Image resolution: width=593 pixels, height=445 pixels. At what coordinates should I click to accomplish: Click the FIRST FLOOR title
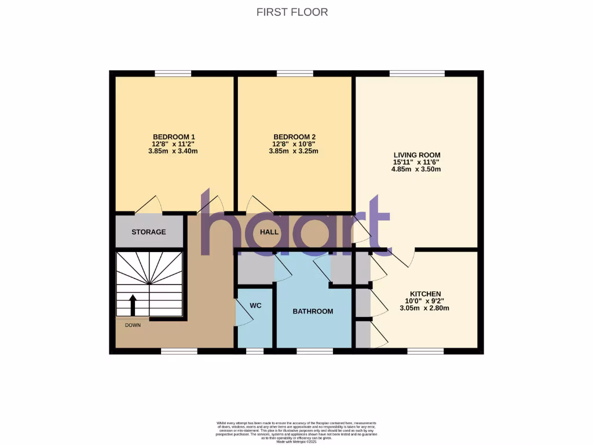pyautogui.click(x=292, y=12)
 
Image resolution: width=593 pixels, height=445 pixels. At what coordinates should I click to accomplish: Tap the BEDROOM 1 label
pyautogui.click(x=174, y=137)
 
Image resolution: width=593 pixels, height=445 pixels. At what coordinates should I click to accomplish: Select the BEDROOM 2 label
pyautogui.click(x=294, y=137)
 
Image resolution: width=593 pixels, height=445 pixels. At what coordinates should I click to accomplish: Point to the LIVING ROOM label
pyautogui.click(x=417, y=155)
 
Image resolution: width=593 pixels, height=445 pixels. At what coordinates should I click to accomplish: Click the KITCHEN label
pyautogui.click(x=426, y=294)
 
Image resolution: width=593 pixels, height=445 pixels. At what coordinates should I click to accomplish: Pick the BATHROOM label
pyautogui.click(x=313, y=311)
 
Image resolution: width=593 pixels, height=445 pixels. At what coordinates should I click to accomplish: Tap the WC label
pyautogui.click(x=257, y=305)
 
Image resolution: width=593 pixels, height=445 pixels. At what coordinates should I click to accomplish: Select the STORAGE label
pyautogui.click(x=148, y=232)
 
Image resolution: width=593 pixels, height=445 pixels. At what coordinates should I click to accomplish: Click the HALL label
pyautogui.click(x=269, y=232)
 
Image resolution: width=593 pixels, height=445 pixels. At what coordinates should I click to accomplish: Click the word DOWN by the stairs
pyautogui.click(x=133, y=325)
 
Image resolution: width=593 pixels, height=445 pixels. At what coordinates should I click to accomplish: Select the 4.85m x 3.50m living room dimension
pyautogui.click(x=417, y=169)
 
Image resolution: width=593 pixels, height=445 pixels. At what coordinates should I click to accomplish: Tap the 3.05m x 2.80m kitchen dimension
pyautogui.click(x=424, y=308)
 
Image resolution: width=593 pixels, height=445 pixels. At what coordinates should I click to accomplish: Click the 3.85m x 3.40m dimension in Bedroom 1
pyautogui.click(x=174, y=151)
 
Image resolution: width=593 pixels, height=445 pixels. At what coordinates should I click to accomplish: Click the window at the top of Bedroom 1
pyautogui.click(x=173, y=74)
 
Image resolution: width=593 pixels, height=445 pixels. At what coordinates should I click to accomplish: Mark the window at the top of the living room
pyautogui.click(x=417, y=74)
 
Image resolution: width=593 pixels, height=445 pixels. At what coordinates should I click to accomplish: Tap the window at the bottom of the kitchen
pyautogui.click(x=425, y=351)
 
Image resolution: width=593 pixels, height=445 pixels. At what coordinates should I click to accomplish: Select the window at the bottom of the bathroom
pyautogui.click(x=314, y=351)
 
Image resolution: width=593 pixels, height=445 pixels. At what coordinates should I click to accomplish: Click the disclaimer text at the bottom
pyautogui.click(x=296, y=432)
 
